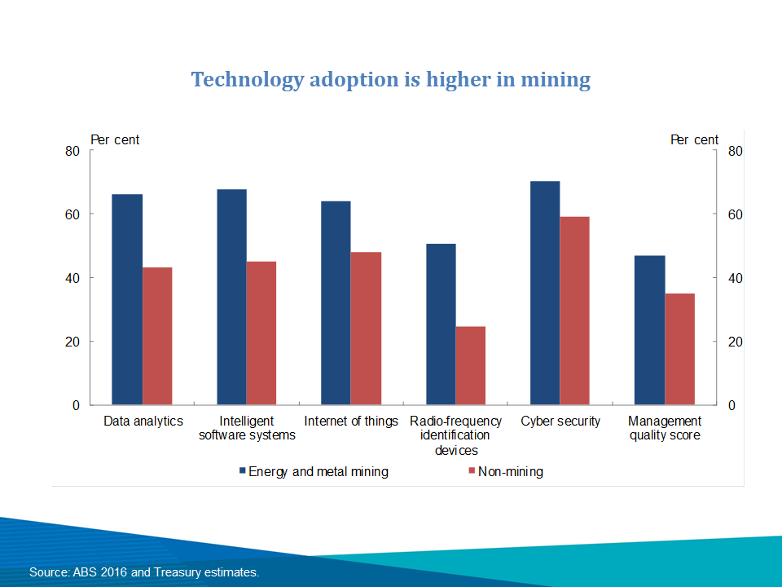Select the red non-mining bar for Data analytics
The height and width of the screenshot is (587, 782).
pos(157,336)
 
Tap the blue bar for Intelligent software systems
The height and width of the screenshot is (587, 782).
pos(231,297)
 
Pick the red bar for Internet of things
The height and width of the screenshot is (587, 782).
pos(366,329)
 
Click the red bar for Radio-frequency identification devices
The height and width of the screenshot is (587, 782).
pos(470,365)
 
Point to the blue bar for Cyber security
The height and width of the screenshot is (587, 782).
pos(545,293)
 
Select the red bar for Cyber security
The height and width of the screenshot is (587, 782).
pos(574,311)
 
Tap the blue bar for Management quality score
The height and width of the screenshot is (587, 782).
pos(649,330)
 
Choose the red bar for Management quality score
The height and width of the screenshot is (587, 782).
pos(679,349)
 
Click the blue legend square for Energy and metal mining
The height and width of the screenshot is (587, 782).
pos(242,471)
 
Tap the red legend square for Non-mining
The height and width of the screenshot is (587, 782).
pos(471,471)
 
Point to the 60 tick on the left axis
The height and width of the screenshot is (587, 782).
pos(72,214)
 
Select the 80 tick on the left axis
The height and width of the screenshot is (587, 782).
pos(72,151)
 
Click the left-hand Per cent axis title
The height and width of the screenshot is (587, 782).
pos(115,139)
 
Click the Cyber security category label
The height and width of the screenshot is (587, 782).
pos(560,421)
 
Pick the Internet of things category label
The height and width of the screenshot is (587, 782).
pos(351,421)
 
